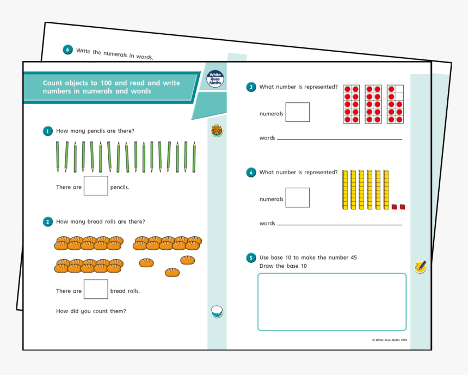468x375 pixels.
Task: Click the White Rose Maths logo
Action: click(215, 79)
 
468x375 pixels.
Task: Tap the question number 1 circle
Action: click(48, 131)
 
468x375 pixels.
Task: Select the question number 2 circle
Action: click(48, 222)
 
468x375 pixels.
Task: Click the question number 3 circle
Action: click(251, 87)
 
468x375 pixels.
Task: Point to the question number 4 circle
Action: click(251, 173)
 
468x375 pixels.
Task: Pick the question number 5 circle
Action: click(251, 257)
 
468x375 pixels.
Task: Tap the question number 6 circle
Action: click(68, 50)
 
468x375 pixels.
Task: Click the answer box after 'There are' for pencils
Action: click(96, 186)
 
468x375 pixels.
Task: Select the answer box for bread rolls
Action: click(96, 289)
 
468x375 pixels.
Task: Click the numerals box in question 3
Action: click(297, 112)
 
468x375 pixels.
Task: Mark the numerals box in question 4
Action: click(297, 198)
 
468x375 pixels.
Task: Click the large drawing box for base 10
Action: click(331, 302)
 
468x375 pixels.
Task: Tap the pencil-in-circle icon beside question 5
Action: click(420, 267)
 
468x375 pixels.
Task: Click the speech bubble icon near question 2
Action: click(217, 312)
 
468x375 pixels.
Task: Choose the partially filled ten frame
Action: click(395, 104)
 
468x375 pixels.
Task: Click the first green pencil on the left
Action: click(58, 157)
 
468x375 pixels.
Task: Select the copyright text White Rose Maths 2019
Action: click(390, 340)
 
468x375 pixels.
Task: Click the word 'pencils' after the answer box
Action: click(119, 187)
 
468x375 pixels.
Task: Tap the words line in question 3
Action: click(339, 139)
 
